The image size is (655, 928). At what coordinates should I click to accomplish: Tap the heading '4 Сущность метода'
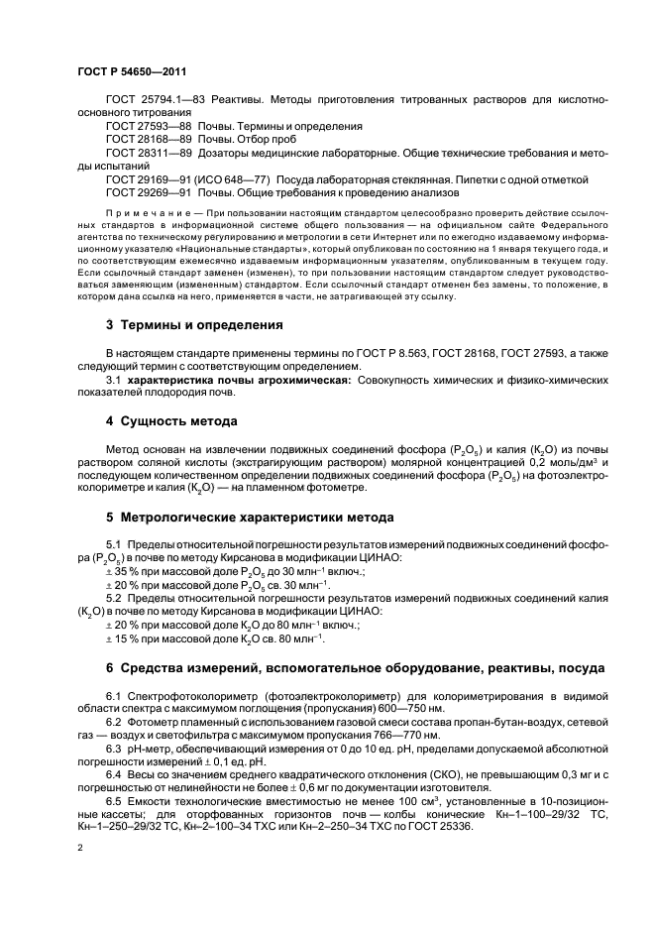[171, 421]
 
